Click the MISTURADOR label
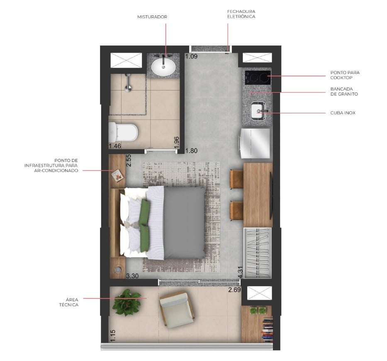click(x=152, y=17)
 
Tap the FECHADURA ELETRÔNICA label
click(x=241, y=14)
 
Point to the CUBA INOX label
click(x=343, y=112)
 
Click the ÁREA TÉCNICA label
click(x=69, y=302)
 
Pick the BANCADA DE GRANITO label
click(x=344, y=91)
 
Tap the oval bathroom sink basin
click(x=163, y=66)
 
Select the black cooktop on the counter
click(x=257, y=77)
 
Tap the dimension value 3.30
click(x=132, y=276)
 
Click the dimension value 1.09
click(x=191, y=56)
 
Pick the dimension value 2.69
click(x=234, y=290)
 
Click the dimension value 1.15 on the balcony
click(x=113, y=336)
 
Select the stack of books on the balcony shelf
click(x=268, y=330)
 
